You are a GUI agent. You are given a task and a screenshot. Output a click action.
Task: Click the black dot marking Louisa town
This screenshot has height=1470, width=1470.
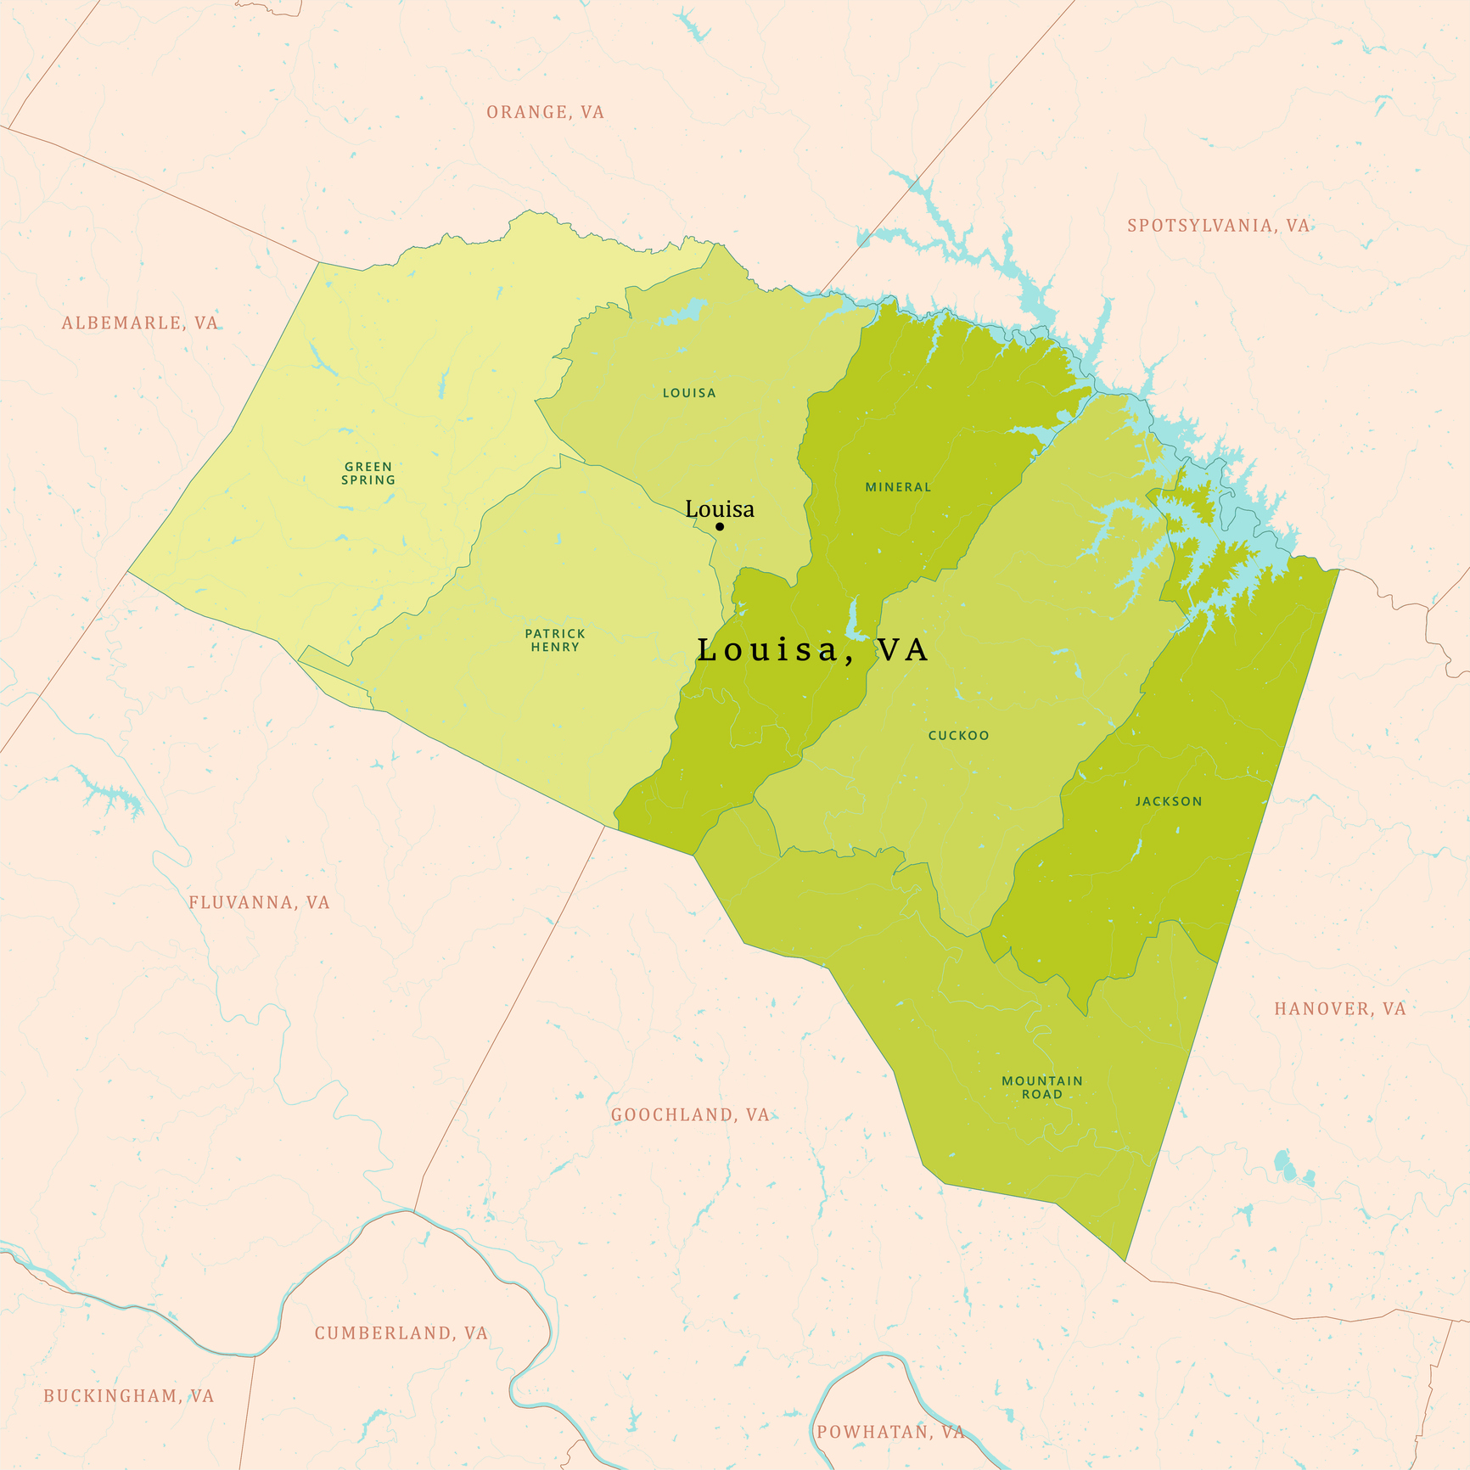point(720,526)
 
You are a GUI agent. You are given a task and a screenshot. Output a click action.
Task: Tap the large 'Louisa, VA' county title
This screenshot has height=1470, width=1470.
point(812,650)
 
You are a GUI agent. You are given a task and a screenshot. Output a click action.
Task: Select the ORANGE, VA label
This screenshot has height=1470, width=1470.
point(545,112)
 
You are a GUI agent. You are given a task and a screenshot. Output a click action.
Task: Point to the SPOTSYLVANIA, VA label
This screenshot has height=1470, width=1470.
point(1218,226)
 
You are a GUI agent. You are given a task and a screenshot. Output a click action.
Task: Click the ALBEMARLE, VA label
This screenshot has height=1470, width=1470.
point(140,323)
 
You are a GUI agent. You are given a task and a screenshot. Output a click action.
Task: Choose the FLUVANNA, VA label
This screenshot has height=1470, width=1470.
point(259,902)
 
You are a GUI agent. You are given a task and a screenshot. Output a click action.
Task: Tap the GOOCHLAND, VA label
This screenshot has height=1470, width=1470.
point(690,1114)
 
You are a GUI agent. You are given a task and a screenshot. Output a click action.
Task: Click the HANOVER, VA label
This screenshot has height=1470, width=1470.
point(1339,1008)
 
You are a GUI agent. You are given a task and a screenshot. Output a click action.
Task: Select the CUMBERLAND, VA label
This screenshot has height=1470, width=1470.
point(401,1333)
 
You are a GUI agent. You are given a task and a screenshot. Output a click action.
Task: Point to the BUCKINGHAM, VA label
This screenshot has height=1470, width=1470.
point(129,1396)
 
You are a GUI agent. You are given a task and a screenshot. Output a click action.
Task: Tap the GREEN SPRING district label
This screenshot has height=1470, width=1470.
point(368,473)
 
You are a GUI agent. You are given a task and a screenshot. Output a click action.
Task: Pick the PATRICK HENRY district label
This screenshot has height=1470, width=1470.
point(555,640)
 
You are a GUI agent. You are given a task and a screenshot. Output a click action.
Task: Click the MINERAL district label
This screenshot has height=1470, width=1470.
point(898,487)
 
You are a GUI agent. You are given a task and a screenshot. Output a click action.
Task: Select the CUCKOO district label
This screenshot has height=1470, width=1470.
point(958,736)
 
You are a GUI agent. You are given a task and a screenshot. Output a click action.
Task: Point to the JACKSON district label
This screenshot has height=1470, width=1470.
point(1169,801)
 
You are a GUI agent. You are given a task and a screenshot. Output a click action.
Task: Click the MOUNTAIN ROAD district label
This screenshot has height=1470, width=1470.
point(1042,1087)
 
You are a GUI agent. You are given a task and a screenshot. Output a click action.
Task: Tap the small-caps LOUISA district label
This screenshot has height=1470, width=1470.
point(689,393)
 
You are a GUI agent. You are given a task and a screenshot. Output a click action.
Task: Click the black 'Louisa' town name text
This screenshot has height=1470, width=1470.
point(720,508)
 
